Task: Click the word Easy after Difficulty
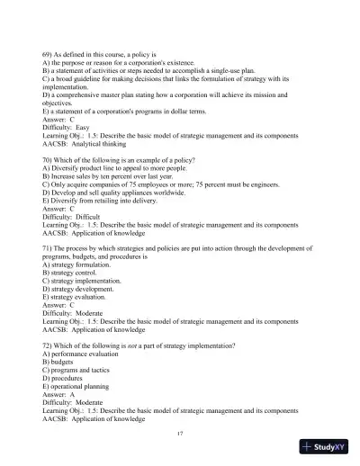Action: pos(82,128)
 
